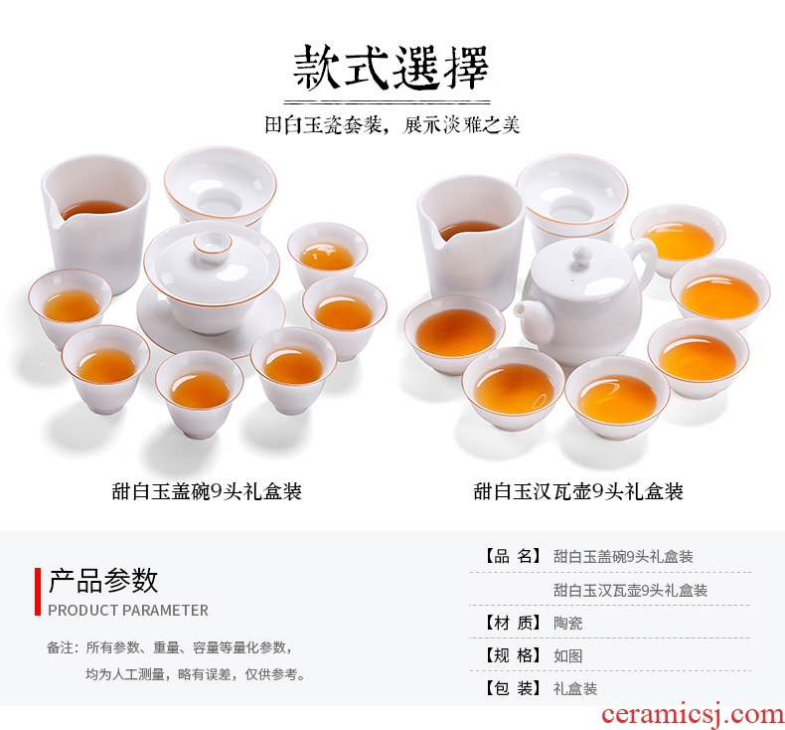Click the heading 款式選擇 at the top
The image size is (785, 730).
click(x=391, y=68)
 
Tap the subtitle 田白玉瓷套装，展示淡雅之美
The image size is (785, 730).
click(x=392, y=124)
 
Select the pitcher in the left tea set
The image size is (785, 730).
click(x=95, y=223)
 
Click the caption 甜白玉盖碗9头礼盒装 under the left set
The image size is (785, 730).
click(x=207, y=491)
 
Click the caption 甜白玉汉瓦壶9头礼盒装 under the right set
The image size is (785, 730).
click(x=578, y=491)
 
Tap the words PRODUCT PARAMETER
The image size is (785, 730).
click(x=128, y=611)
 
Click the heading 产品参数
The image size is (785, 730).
click(x=103, y=581)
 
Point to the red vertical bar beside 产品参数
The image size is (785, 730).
click(x=38, y=592)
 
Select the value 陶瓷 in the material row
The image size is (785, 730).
click(x=567, y=623)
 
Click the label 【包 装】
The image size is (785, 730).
click(x=512, y=688)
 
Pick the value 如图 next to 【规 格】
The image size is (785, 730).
click(x=567, y=655)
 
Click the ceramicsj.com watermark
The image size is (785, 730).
click(x=693, y=714)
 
